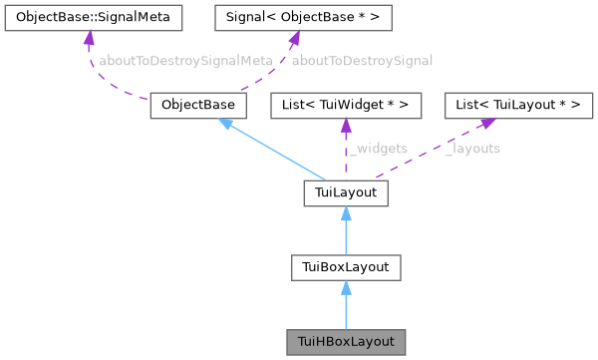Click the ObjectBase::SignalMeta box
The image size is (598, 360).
(93, 17)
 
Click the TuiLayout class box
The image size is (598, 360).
(345, 192)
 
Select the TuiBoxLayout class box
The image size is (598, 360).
(345, 266)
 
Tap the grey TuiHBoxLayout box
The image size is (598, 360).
(345, 341)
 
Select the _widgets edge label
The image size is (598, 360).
(378, 149)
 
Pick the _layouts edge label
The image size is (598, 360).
(472, 149)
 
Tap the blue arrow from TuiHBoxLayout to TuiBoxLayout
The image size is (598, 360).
(345, 305)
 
